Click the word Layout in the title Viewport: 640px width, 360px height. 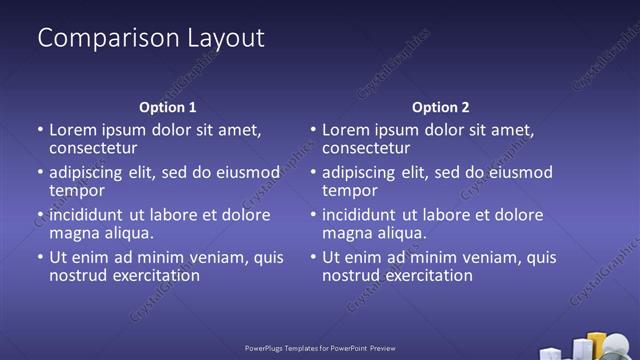226,39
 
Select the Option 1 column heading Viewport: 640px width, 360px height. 166,107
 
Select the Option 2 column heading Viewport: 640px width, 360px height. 440,107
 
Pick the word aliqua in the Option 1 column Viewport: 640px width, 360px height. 125,233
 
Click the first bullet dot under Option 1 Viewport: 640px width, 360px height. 40,130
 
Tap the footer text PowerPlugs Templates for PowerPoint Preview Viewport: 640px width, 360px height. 320,349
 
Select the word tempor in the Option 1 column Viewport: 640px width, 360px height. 77,190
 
